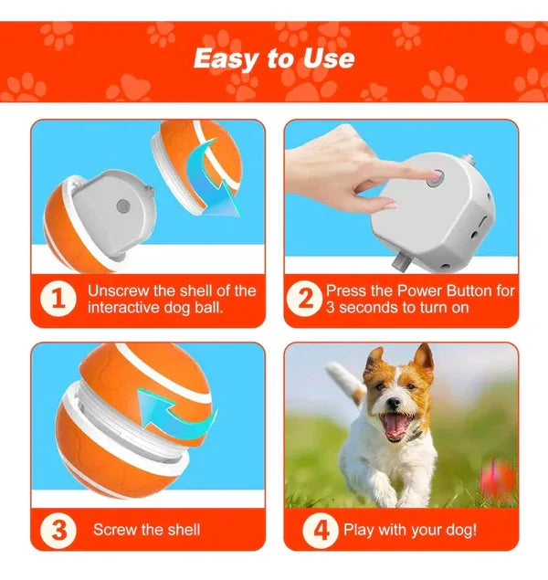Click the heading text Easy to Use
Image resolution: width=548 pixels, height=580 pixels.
[x=273, y=58]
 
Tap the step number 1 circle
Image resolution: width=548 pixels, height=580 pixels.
[x=57, y=299]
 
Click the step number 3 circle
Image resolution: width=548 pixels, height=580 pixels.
[x=57, y=529]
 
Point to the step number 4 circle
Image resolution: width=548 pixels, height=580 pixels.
[x=321, y=529]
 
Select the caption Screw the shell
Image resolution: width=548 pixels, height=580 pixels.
[x=146, y=530]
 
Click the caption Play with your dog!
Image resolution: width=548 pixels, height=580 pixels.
[x=409, y=530]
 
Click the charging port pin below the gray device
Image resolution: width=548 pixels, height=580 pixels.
[x=400, y=263]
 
